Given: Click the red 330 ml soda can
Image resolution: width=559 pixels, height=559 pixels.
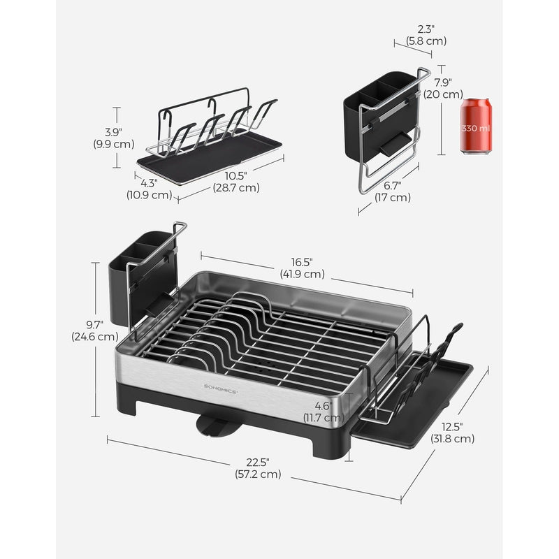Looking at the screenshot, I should click(477, 126).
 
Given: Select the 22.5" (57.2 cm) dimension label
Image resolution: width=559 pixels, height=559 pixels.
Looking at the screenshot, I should click(258, 468).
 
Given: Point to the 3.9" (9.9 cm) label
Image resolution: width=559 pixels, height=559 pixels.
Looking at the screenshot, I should click(114, 138).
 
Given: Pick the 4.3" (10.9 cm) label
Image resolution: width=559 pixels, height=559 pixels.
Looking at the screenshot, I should click(149, 189).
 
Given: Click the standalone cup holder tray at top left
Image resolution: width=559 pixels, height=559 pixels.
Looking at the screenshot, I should click(210, 140).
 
